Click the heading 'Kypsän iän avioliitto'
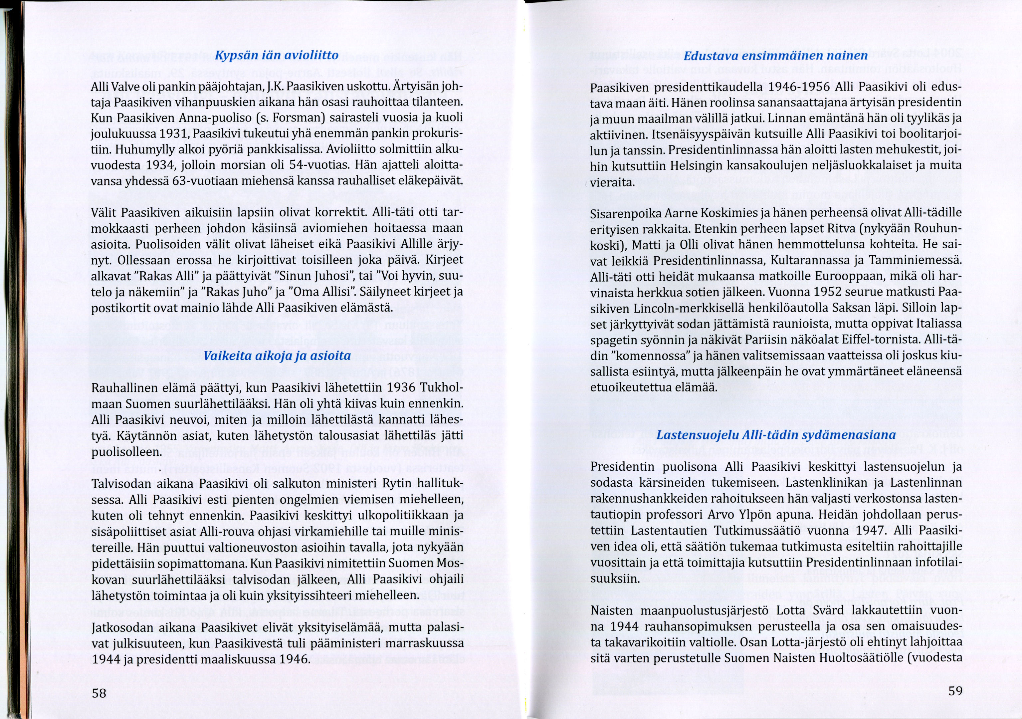[x=277, y=55]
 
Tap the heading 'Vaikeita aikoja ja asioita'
[x=277, y=356]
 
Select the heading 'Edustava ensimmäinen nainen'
[x=775, y=56]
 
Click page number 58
[x=99, y=692]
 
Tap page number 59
[x=955, y=690]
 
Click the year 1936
[x=402, y=388]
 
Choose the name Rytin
[x=389, y=483]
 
